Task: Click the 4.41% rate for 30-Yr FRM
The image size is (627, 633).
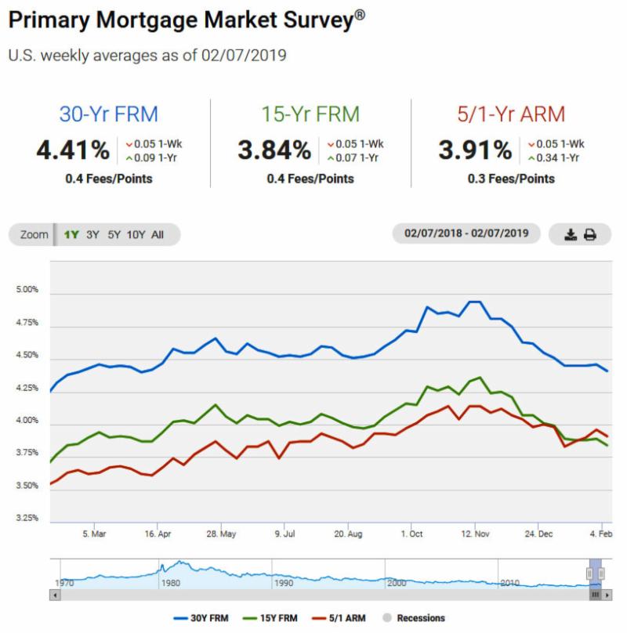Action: point(72,149)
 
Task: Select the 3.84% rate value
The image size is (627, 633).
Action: point(274,149)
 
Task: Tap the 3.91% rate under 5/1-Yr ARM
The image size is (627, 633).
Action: point(476,149)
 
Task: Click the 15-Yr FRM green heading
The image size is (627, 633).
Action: point(310,114)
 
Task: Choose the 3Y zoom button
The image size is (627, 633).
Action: point(93,234)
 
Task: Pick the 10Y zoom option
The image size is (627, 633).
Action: point(136,234)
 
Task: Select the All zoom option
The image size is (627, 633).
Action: point(158,234)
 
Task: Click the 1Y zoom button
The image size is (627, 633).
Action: point(71,234)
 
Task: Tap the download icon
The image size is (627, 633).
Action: point(571,234)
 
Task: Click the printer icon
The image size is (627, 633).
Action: point(590,234)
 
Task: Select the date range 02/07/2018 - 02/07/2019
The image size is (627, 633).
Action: point(466,233)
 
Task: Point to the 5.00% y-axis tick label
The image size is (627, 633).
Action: point(27,290)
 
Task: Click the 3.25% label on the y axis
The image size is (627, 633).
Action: point(27,518)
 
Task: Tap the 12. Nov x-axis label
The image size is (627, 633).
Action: point(475,534)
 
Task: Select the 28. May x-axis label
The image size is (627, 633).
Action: point(221,534)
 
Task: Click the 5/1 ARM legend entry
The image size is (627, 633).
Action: point(345,618)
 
